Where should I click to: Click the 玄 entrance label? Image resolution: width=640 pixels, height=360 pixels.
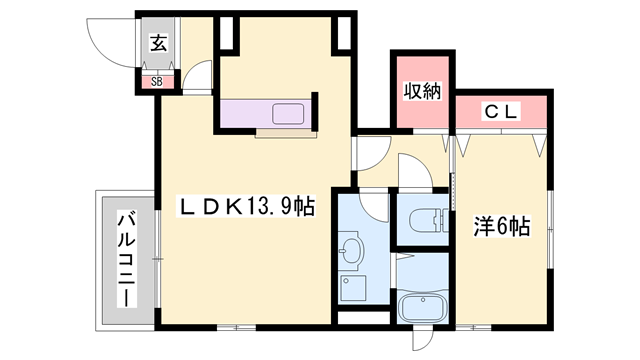coord(158,43)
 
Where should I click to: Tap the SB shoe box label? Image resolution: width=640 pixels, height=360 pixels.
coord(157,82)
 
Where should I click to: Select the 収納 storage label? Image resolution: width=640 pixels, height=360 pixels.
coord(421,93)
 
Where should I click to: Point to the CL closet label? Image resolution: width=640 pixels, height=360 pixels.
coord(501,113)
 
